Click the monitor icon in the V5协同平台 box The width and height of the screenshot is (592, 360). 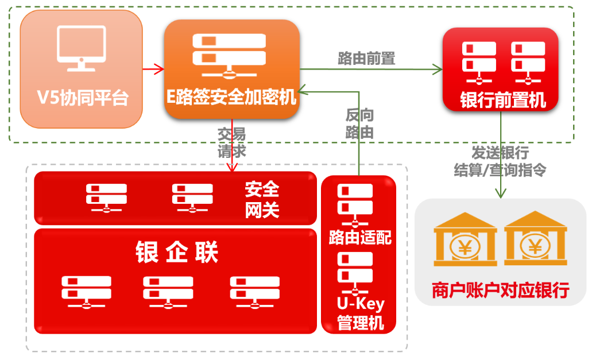click(x=81, y=49)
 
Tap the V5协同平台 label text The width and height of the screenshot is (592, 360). click(x=82, y=97)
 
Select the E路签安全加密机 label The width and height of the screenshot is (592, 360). click(x=231, y=96)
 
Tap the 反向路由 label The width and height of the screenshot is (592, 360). click(x=359, y=123)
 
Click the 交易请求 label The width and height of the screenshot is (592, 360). click(x=231, y=143)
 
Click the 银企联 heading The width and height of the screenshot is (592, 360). click(x=176, y=252)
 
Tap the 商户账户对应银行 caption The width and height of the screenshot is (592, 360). click(x=500, y=289)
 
